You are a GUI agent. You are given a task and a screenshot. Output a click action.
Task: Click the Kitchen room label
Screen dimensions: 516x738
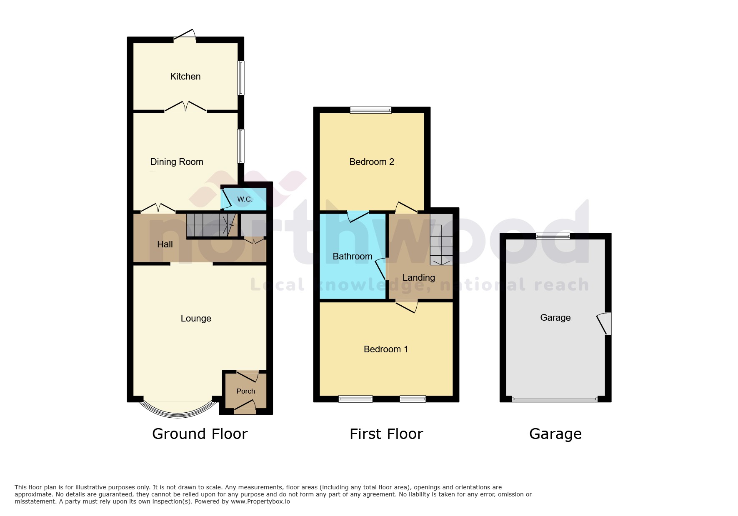pos(185,76)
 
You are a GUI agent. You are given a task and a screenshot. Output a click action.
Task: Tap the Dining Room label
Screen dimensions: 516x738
pos(177,162)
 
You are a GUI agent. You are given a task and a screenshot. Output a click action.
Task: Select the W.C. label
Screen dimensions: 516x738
pos(245,199)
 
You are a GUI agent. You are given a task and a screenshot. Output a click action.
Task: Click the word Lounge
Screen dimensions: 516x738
pos(196,318)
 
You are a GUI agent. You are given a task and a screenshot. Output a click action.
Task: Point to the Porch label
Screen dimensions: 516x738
pos(245,391)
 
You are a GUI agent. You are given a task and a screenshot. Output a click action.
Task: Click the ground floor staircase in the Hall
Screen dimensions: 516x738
pos(208,225)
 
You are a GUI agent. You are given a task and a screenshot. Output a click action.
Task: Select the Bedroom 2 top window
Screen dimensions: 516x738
pos(370,110)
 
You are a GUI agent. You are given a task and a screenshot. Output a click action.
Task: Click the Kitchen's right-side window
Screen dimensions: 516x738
pos(241,78)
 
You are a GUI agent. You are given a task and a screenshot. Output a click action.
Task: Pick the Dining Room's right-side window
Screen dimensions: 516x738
pos(241,146)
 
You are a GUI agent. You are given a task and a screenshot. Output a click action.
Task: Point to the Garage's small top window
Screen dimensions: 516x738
pos(553,236)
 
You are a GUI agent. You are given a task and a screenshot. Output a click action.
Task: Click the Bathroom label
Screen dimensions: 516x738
pos(352,256)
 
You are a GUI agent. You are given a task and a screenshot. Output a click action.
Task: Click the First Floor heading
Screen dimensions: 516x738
pos(386,434)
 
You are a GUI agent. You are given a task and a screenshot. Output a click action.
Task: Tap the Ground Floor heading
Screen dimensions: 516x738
pos(200,434)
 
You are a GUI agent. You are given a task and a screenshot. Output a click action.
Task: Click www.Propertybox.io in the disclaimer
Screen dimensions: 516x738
pos(260,501)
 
